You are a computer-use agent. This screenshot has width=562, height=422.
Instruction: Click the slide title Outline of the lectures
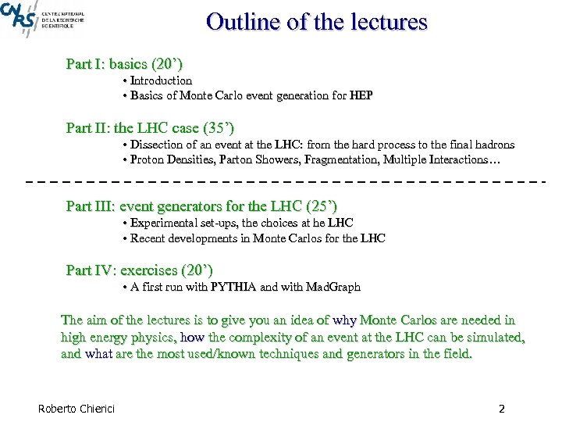point(317,21)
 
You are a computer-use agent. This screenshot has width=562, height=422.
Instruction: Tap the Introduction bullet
point(161,80)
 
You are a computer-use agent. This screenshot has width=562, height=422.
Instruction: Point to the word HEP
point(361,95)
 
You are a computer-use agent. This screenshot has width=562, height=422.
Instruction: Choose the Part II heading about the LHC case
point(151,127)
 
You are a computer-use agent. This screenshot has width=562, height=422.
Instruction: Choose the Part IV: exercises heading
point(140,270)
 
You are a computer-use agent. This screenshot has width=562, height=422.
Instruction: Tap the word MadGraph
point(333,287)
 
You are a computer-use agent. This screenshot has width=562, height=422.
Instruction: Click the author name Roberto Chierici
point(76,408)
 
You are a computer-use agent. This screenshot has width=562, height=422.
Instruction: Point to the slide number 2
point(502,408)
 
